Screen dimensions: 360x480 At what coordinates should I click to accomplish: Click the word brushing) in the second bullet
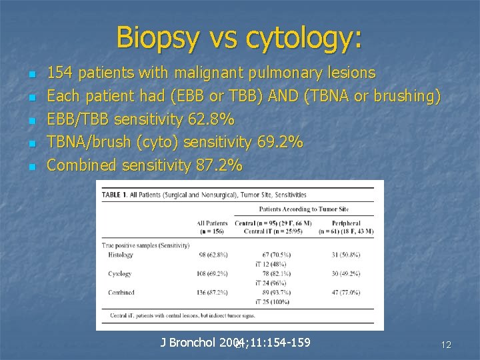pyautogui.click(x=405, y=96)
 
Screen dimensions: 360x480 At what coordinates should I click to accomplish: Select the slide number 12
pyautogui.click(x=446, y=345)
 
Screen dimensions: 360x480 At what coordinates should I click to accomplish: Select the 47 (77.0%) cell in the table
pyautogui.click(x=346, y=292)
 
